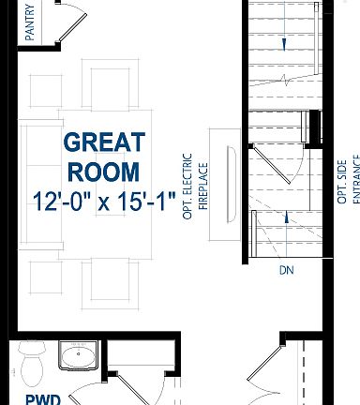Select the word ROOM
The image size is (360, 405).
pyautogui.click(x=104, y=172)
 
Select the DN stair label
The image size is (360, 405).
pyautogui.click(x=287, y=272)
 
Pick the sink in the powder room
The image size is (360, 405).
pyautogui.click(x=75, y=356)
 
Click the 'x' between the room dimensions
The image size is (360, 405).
pyautogui.click(x=106, y=202)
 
